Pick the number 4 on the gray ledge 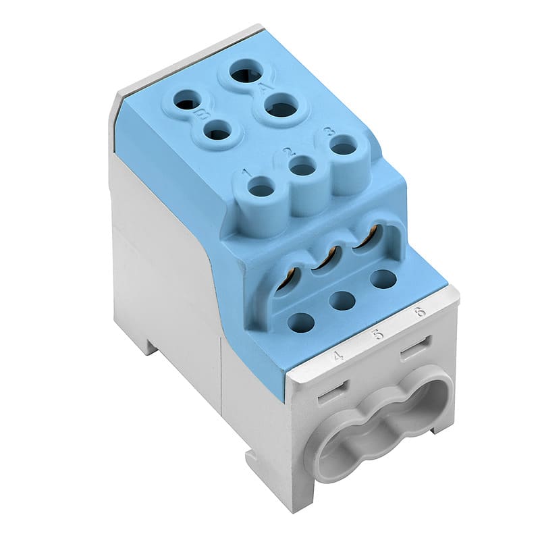click(337, 354)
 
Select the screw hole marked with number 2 click(302, 167)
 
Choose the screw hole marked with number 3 click(344, 146)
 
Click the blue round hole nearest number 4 click(301, 323)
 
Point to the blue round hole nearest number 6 click(383, 278)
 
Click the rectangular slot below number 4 click(331, 391)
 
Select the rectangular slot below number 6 click(416, 350)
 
